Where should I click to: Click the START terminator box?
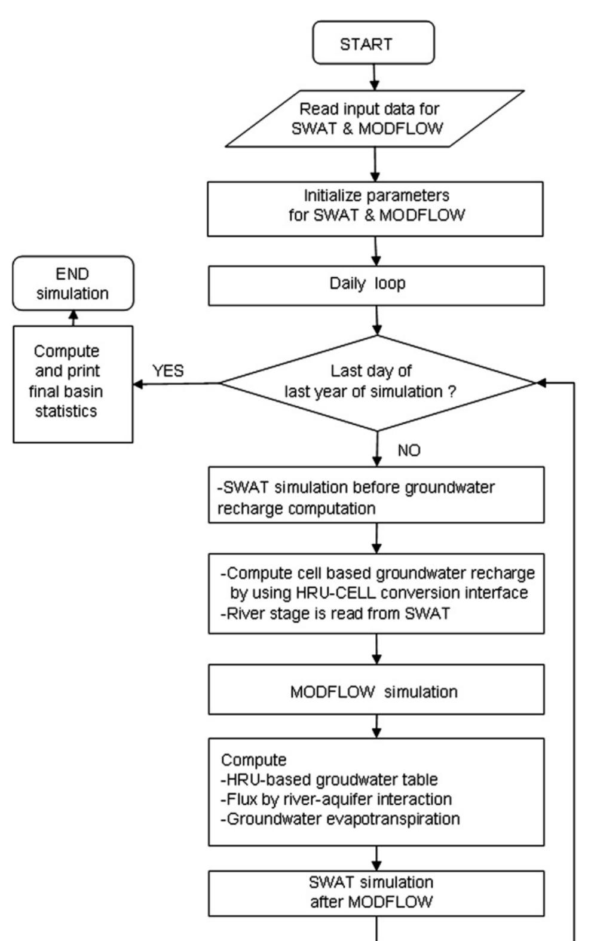tap(373, 43)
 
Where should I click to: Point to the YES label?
tap(168, 371)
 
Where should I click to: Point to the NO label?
tap(409, 450)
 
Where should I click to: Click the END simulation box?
tap(73, 284)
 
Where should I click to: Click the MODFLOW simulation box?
tap(375, 691)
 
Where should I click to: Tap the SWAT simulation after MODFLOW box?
tap(375, 893)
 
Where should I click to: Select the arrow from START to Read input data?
tap(375, 76)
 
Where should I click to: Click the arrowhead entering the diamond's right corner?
tap(541, 383)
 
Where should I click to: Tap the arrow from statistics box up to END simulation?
tap(73, 318)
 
